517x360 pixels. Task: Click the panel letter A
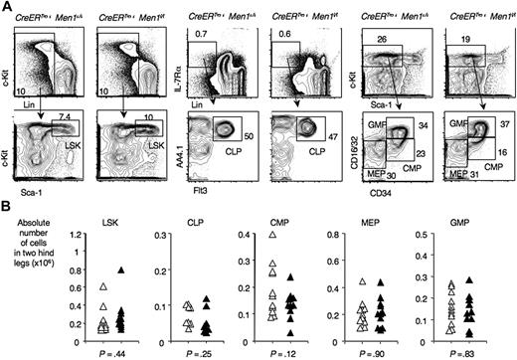pyautogui.click(x=7, y=7)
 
